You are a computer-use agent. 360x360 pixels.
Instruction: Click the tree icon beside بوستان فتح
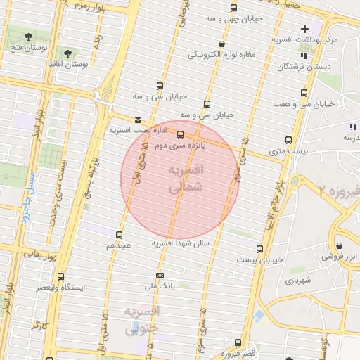click(x=27, y=36)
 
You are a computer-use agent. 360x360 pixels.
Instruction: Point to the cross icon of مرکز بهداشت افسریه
click(x=304, y=29)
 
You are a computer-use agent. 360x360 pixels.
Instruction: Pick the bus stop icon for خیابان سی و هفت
click(x=304, y=93)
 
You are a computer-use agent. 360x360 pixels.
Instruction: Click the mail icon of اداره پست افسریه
click(x=138, y=120)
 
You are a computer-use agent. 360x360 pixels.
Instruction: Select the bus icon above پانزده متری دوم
click(x=181, y=134)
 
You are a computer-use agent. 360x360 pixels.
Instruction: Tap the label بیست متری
click(x=288, y=151)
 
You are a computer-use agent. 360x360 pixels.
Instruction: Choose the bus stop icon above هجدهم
click(x=118, y=235)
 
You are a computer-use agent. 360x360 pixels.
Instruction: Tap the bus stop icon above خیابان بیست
click(x=259, y=249)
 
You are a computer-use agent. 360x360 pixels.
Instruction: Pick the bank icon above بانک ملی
click(x=160, y=275)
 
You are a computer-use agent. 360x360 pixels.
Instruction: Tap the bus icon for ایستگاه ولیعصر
click(x=60, y=276)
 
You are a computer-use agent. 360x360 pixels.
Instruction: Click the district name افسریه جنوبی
click(x=142, y=319)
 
